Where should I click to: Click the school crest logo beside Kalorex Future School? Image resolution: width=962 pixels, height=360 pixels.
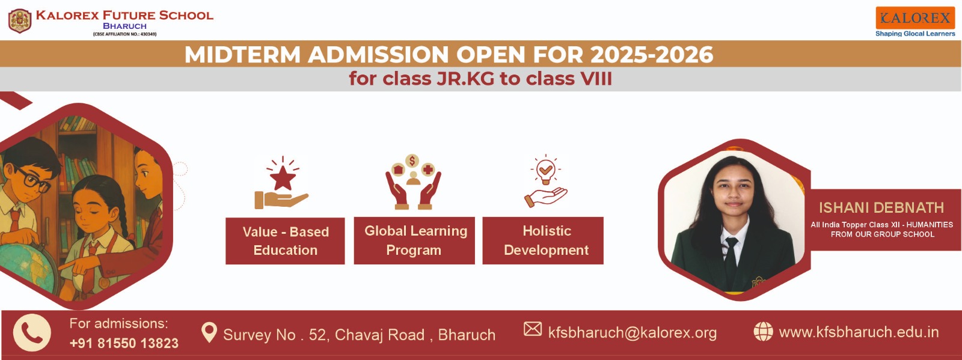tap(20, 21)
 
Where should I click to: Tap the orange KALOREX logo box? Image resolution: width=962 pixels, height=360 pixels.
tap(915, 18)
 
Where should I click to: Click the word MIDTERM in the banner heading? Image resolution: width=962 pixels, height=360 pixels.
tap(242, 55)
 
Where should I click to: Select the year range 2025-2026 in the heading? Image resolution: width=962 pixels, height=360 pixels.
tap(652, 55)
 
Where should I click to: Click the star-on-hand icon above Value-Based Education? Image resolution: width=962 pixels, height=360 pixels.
tap(282, 183)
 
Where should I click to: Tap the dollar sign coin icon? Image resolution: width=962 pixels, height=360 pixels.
tap(412, 161)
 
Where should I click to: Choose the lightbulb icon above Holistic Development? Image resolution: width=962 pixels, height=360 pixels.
tap(545, 171)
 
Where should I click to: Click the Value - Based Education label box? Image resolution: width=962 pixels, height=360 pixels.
tap(285, 241)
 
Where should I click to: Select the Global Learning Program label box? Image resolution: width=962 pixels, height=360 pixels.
tap(414, 240)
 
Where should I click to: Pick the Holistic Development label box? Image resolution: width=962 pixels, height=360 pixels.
tap(543, 240)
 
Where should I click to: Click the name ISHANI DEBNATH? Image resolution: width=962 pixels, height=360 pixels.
tap(881, 208)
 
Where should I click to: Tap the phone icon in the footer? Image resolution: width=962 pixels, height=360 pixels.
tap(32, 332)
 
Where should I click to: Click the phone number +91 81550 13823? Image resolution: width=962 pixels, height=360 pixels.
tap(124, 343)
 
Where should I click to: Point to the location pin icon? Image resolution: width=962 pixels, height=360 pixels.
tap(209, 332)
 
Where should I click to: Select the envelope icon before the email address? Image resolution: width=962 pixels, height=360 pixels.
tap(533, 329)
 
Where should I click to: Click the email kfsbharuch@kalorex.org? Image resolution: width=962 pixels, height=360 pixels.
tap(633, 332)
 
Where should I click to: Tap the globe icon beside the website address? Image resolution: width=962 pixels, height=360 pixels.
tap(763, 331)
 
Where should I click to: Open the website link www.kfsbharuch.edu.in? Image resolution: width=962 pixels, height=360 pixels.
tap(859, 332)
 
